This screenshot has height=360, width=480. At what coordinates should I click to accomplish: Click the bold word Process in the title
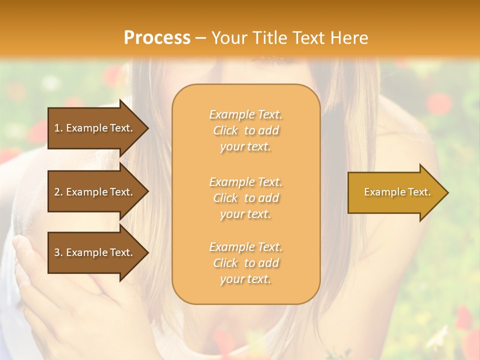pyautogui.click(x=157, y=38)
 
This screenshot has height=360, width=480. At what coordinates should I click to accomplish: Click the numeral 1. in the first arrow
pyautogui.click(x=58, y=128)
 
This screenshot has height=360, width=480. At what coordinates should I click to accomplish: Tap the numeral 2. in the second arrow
pyautogui.click(x=58, y=192)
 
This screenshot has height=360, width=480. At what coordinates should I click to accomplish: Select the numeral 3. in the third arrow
pyautogui.click(x=58, y=252)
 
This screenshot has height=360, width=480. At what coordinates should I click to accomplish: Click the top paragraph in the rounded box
pyautogui.click(x=245, y=130)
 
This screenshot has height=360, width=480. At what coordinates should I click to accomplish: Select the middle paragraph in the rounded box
pyautogui.click(x=245, y=198)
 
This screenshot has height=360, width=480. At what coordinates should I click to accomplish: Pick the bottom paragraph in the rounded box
pyautogui.click(x=245, y=263)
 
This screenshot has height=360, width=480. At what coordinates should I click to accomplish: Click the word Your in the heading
pyautogui.click(x=228, y=38)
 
